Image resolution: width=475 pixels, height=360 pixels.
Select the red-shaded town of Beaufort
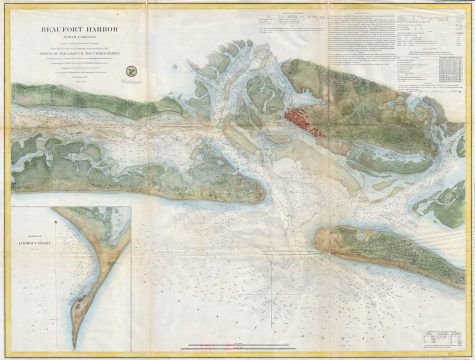click(301, 121)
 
